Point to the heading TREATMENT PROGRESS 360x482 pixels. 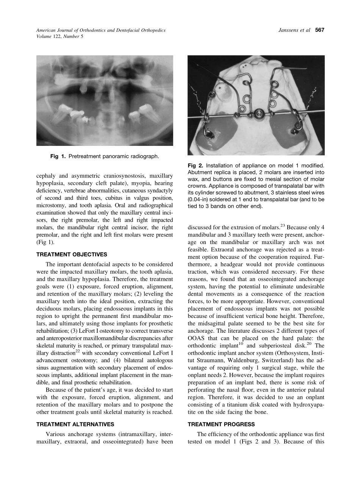[x=221, y=424]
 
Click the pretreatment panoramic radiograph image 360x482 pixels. [x=105, y=100]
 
